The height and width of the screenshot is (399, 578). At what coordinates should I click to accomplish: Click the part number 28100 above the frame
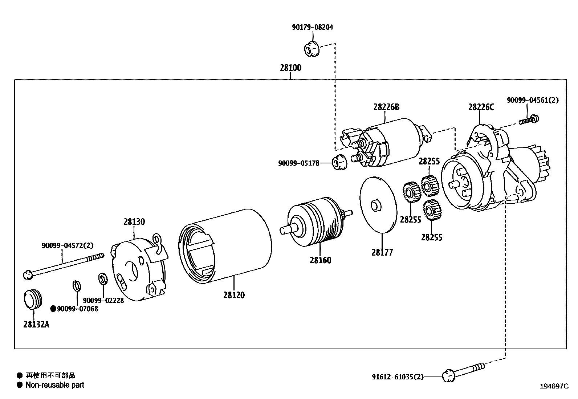coord(290,68)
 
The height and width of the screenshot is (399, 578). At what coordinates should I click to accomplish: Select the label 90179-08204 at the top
coord(312,27)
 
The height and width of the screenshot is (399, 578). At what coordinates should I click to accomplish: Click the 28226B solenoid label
coord(386,107)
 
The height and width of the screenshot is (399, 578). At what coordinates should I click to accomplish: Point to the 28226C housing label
coord(481,107)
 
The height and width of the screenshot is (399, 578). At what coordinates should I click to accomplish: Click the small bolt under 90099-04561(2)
coord(529,120)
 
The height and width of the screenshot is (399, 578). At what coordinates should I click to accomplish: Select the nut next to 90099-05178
coord(339,162)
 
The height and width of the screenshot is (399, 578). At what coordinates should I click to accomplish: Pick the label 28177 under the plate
coord(382,252)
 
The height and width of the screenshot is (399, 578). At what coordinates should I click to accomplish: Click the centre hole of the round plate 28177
coord(375,205)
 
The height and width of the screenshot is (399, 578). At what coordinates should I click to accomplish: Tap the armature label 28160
coord(320,260)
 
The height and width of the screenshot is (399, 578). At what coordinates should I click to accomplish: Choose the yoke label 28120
coord(234,295)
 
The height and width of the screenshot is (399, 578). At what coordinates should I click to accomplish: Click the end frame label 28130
coord(134,222)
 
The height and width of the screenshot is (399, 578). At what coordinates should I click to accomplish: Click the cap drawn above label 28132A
coord(33,299)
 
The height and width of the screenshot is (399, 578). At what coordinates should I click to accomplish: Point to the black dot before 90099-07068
coord(53,309)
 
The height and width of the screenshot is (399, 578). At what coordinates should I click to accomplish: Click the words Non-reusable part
coord(55,385)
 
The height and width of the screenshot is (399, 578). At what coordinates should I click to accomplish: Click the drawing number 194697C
coord(554,386)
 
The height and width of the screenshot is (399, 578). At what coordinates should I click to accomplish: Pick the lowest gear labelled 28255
coord(431,211)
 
